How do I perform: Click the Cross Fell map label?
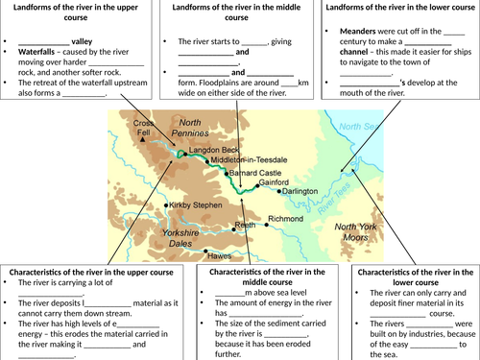coord(143,128)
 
